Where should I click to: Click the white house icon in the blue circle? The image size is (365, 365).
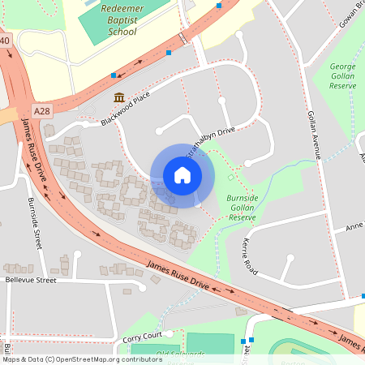182,174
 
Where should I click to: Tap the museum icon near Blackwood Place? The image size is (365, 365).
119,98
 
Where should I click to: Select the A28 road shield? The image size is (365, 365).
42,109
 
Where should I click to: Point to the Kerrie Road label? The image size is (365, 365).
249,255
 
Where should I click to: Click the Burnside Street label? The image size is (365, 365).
35,222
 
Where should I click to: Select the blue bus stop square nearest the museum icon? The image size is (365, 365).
114,75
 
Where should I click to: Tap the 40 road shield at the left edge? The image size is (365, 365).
5,40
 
